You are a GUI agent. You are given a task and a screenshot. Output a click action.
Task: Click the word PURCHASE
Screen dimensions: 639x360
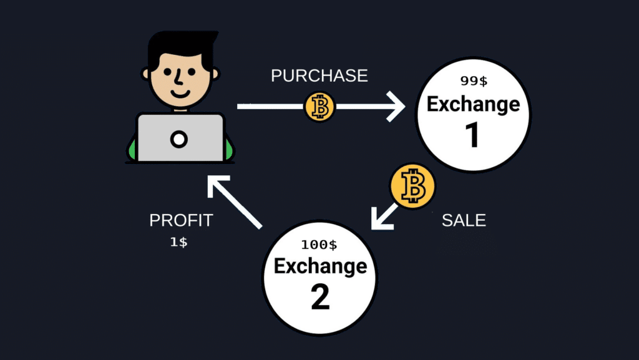319,75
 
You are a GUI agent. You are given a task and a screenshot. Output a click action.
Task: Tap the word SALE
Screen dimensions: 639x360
464,220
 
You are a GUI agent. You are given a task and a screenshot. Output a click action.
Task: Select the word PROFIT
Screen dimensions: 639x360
181,220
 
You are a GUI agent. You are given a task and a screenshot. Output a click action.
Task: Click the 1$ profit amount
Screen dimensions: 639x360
178,242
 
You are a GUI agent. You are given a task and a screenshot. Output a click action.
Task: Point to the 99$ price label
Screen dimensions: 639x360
474,81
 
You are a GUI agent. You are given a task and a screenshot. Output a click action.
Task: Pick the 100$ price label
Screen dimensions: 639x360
319,245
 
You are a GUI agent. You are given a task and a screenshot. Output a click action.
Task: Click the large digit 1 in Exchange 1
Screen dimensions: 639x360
473,135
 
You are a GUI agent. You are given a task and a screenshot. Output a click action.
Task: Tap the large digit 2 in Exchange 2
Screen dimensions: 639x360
320,297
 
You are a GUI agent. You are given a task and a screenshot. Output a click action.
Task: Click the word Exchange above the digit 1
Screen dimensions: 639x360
473,105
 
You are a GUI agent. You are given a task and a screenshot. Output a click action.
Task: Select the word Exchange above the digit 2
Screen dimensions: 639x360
320,266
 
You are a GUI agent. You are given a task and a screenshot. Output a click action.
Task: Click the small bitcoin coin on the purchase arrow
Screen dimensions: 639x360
320,107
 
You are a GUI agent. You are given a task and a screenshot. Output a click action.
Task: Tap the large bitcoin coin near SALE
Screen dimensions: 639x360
413,186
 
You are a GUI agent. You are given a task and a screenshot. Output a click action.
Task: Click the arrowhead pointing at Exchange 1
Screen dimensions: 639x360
394,107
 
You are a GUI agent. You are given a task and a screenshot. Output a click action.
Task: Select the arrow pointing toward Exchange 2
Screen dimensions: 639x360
383,217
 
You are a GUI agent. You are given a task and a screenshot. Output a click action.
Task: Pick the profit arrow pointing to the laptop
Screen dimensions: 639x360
235,202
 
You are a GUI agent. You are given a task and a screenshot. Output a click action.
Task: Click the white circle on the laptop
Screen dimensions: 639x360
178,139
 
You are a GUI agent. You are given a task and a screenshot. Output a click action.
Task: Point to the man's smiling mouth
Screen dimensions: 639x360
180,93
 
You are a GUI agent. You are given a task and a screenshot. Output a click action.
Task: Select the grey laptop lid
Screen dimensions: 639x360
180,138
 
